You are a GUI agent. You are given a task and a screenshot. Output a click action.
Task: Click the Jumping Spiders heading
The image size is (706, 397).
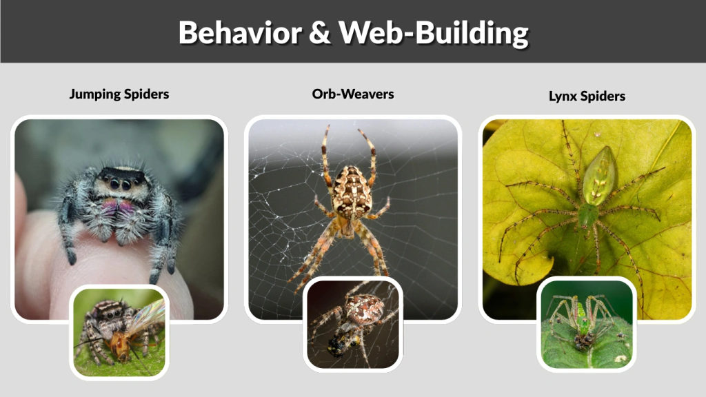coord(119,94)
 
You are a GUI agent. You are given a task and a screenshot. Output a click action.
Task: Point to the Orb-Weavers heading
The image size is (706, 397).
coord(353,94)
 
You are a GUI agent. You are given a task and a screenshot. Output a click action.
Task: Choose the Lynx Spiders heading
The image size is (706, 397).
coord(587,96)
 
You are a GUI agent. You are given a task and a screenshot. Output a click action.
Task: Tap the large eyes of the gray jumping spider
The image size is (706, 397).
coord(119,184)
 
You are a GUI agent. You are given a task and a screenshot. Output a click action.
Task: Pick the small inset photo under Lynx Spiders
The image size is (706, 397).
coord(587,324)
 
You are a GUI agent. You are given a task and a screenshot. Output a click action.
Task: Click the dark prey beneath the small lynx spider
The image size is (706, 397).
coord(583,340)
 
